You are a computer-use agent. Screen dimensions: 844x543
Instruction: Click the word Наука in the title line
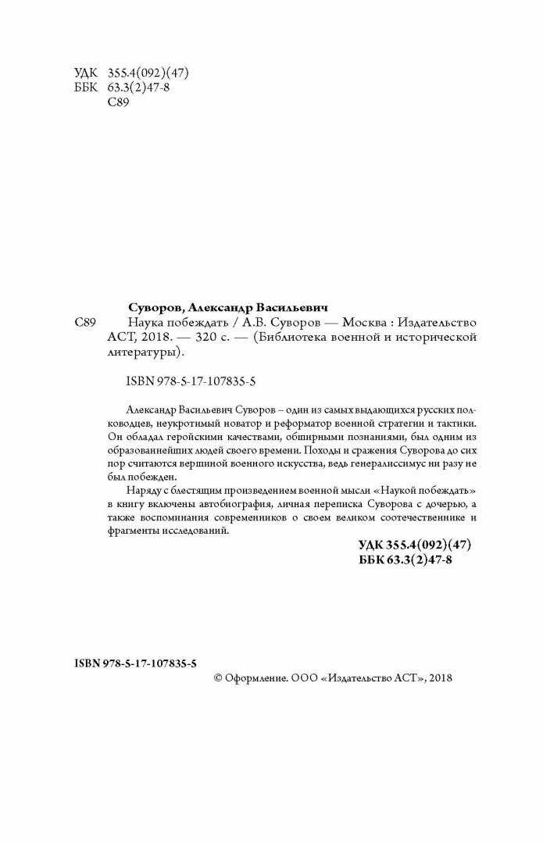click(x=145, y=322)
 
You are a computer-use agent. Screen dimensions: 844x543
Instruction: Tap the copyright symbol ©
click(x=219, y=678)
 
